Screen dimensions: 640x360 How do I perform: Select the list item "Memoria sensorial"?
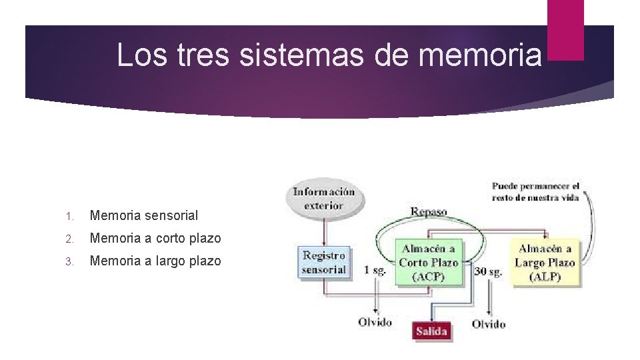[144, 215]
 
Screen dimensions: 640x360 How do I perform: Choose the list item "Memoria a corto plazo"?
[155, 238]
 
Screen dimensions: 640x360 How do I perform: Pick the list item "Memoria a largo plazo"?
[155, 261]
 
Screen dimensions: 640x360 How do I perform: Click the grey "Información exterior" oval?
[324, 198]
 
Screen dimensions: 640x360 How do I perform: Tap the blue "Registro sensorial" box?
[324, 262]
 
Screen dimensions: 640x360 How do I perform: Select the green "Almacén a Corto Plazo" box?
[428, 263]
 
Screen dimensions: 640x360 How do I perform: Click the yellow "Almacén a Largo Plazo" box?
[545, 263]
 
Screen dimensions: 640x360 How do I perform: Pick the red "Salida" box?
[431, 331]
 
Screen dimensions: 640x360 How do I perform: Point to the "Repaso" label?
[429, 212]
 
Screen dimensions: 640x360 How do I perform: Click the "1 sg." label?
[375, 270]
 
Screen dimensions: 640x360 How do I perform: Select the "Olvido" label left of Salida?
[375, 322]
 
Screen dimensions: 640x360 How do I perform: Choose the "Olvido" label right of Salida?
[489, 324]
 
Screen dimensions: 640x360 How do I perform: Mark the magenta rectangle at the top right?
[565, 30]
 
